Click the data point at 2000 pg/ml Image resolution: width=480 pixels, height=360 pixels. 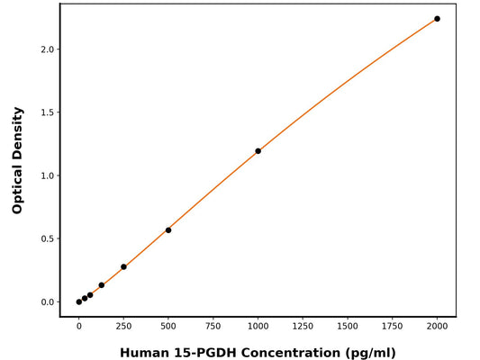437,19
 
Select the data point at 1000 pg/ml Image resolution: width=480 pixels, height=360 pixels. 258,151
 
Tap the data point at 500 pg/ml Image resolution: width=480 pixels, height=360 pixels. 168,230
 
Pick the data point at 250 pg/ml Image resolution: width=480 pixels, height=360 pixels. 123,266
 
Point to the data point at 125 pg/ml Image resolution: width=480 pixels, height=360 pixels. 101,285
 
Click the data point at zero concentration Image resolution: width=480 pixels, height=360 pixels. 79,301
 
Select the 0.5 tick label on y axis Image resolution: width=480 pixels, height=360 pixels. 46,238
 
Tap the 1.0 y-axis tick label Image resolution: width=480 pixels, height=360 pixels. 46,175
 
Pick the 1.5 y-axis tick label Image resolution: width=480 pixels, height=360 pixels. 46,112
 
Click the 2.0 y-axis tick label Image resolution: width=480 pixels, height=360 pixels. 46,49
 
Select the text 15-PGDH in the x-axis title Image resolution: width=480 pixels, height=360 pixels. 203,352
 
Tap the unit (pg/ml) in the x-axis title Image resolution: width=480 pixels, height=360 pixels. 366,352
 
